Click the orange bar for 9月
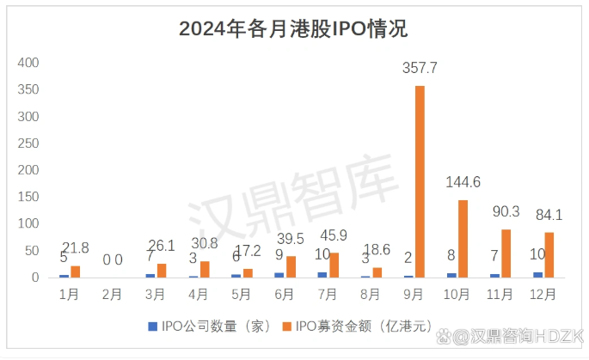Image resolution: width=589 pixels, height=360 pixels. (x=420, y=181)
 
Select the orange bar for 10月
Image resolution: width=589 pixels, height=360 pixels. (x=463, y=239)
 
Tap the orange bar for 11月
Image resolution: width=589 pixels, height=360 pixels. (x=506, y=253)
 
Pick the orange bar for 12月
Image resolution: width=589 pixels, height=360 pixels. (x=549, y=255)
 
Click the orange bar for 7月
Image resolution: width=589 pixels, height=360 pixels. (x=334, y=265)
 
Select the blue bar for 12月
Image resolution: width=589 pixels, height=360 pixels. (x=537, y=275)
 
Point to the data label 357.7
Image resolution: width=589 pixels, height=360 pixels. (x=420, y=67)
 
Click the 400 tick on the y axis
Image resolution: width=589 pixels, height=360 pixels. (x=28, y=63)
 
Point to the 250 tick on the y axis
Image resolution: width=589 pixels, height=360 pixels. (x=28, y=143)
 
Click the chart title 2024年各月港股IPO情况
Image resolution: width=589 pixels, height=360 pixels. (x=293, y=29)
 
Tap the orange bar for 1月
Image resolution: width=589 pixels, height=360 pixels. (x=76, y=272)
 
